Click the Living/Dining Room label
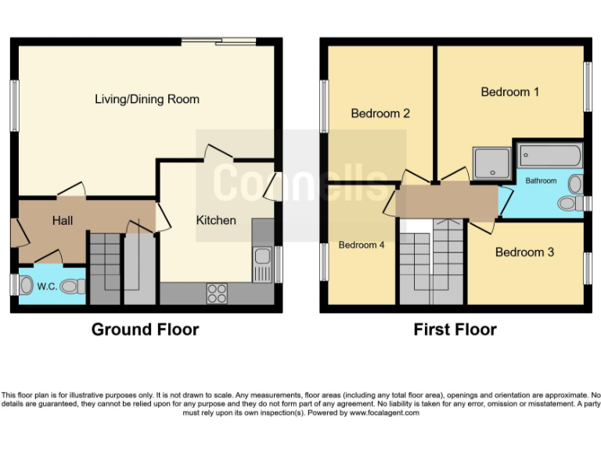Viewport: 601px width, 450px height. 147,99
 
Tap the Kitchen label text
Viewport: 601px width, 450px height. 216,220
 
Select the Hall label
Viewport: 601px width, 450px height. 63,220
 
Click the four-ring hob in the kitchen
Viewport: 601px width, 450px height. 217,294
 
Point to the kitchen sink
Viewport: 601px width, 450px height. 263,265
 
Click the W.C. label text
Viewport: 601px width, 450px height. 47,287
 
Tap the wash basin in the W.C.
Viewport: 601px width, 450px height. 27,285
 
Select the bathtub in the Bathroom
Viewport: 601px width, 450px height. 550,155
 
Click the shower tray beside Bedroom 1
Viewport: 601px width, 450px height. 491,163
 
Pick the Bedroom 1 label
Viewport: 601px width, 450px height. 509,92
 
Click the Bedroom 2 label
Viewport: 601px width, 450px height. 380,113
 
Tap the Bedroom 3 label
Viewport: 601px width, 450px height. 524,252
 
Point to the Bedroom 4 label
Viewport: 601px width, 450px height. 361,245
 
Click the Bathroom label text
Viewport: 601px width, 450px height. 541,180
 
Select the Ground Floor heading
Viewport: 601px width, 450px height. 145,330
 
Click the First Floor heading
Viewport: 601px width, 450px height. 455,330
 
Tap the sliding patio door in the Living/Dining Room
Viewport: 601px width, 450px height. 218,41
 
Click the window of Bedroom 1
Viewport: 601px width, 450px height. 588,87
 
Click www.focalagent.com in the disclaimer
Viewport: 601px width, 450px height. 384,412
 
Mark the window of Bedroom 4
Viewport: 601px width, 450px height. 324,262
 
